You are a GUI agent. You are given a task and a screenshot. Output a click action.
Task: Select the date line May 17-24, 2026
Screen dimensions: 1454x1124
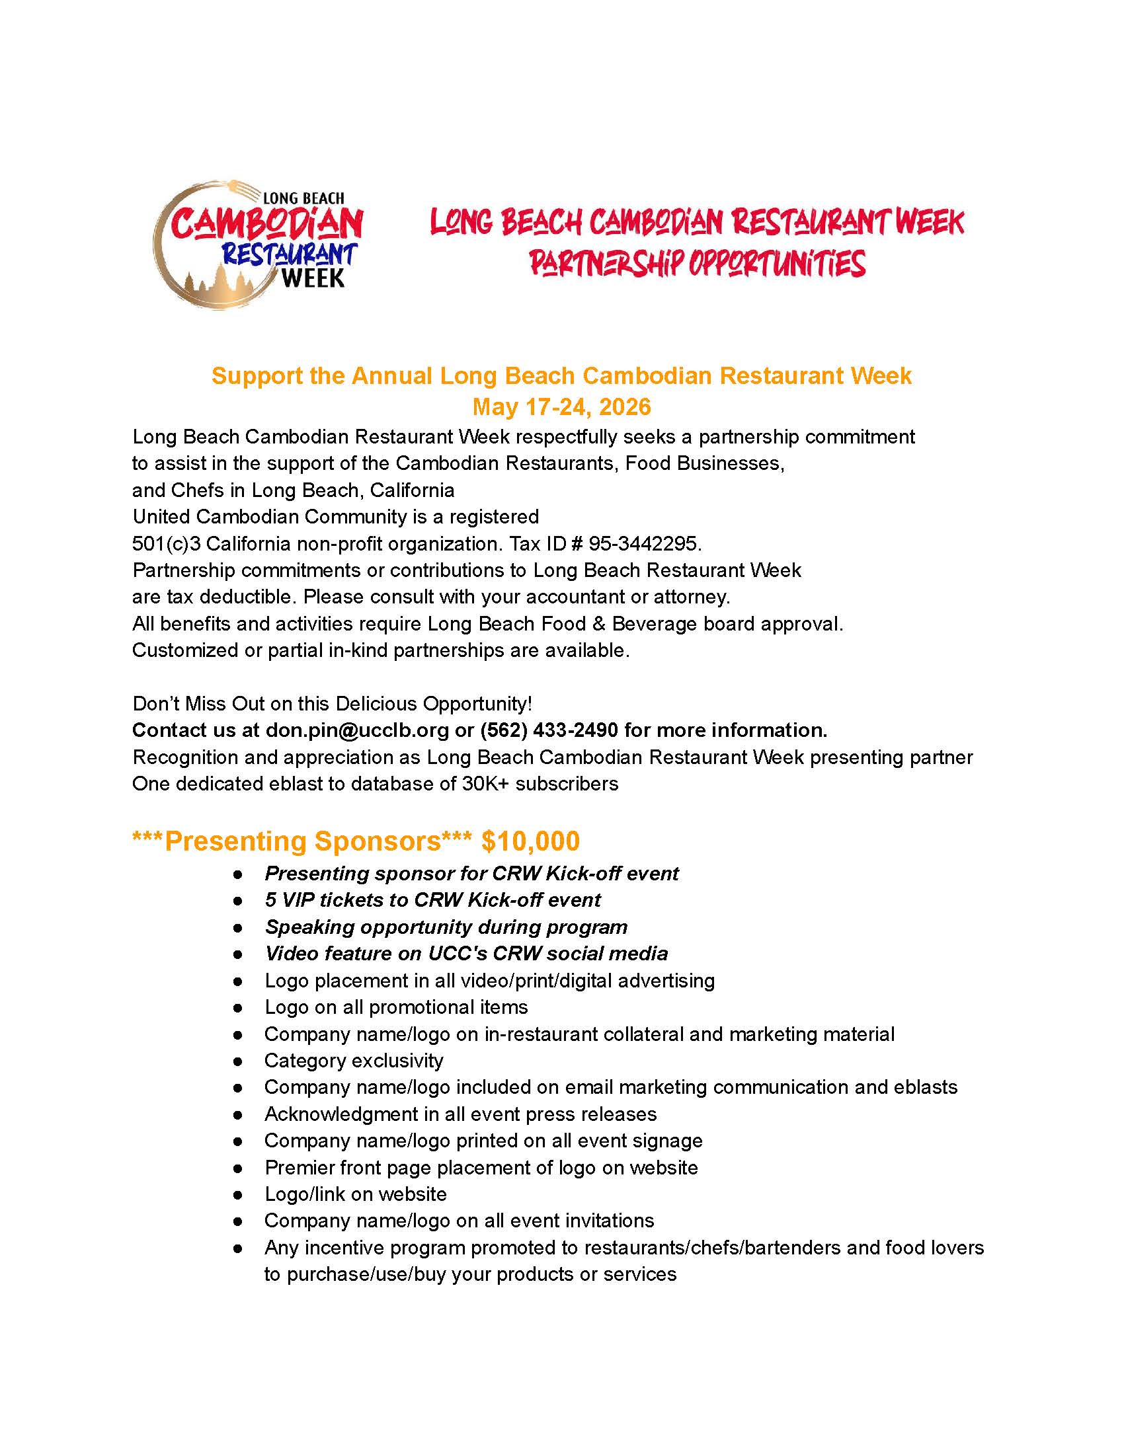(561, 406)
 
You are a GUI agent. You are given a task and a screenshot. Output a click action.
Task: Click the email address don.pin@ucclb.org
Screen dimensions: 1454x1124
(357, 730)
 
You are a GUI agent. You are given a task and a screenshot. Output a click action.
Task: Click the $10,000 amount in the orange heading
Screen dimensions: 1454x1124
(530, 841)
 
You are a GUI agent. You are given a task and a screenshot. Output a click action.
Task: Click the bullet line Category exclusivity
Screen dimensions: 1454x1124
(354, 1061)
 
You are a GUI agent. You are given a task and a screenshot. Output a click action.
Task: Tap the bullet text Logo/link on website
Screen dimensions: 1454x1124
(356, 1194)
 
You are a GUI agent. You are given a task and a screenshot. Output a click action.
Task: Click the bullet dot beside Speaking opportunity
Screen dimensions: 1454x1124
(238, 928)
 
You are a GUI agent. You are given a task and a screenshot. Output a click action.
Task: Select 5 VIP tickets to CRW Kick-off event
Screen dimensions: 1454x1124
(432, 900)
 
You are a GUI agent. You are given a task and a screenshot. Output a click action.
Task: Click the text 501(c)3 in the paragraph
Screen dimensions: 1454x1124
(166, 544)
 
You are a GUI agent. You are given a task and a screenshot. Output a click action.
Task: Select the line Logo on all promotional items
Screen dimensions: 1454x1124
(395, 1007)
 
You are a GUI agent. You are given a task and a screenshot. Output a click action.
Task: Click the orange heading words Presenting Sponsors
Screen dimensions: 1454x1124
(302, 841)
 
